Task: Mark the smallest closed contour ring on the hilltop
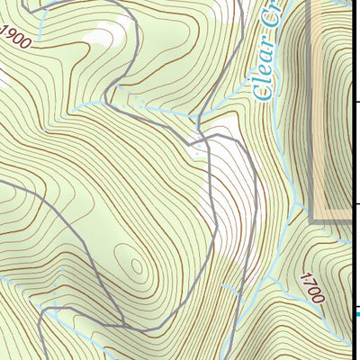(x=136, y=265)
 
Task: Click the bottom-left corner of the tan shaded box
(x=312, y=220)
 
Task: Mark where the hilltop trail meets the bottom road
(x=123, y=322)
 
